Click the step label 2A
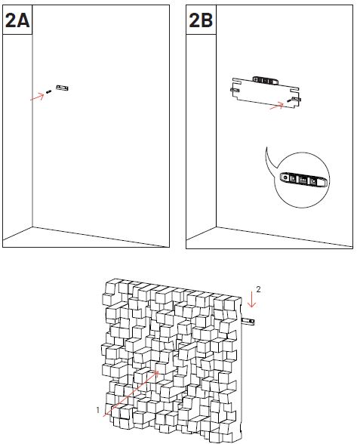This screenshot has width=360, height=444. [x=17, y=20]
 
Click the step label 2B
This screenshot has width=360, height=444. [x=201, y=20]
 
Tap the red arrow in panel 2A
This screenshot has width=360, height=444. [x=37, y=97]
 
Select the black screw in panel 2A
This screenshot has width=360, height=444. [x=48, y=92]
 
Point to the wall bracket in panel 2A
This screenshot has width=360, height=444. [x=62, y=88]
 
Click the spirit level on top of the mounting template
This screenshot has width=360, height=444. [x=265, y=80]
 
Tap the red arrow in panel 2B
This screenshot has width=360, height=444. [x=276, y=106]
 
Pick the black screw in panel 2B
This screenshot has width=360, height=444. [x=289, y=100]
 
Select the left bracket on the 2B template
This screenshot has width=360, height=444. [x=235, y=90]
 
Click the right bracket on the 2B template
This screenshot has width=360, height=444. [x=297, y=99]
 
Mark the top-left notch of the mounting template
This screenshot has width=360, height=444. [x=237, y=81]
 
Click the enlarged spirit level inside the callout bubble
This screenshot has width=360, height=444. [x=303, y=180]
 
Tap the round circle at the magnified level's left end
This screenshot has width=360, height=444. [x=285, y=178]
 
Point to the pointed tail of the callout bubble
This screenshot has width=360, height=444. [x=266, y=147]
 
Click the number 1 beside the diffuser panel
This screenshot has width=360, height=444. [x=98, y=410]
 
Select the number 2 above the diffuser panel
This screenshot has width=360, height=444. [x=258, y=289]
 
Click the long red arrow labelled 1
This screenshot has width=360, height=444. [x=131, y=393]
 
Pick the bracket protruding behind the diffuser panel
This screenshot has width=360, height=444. [x=248, y=322]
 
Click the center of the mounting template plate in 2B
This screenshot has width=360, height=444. [x=265, y=94]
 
